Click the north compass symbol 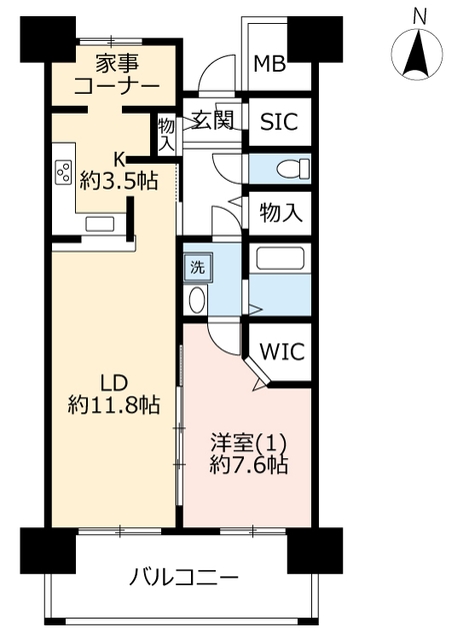point(417,53)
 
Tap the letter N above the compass point(419,17)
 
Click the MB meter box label point(269,64)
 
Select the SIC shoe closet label point(279,121)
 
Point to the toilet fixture point(293,169)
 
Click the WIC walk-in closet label point(282,350)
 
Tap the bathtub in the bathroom point(280,258)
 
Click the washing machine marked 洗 point(198,268)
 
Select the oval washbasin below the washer point(197,300)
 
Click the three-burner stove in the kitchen point(64,173)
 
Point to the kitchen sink point(99,224)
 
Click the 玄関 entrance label point(213,120)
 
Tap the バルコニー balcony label point(184,577)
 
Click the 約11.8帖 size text point(114,405)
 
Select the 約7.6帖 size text point(249,465)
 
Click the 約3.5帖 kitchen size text point(118,181)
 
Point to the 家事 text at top point(117,64)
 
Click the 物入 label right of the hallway point(281,213)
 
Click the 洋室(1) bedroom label point(248,443)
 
